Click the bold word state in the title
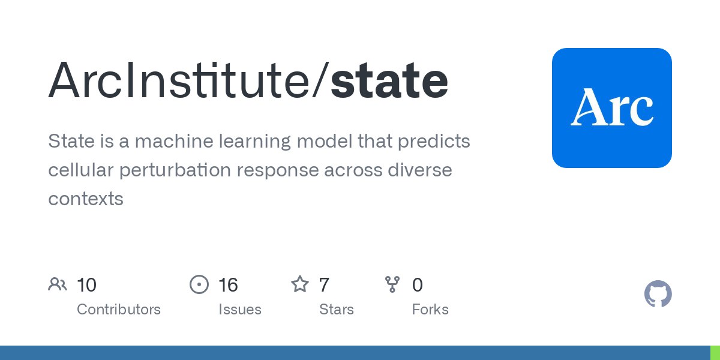(x=389, y=80)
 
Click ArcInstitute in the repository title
(x=179, y=79)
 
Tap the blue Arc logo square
(x=611, y=108)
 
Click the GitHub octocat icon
(x=658, y=294)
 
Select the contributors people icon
(x=58, y=284)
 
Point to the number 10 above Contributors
(x=86, y=285)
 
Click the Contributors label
(x=119, y=310)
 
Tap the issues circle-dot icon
(x=199, y=284)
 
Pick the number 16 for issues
(x=228, y=285)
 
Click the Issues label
(x=240, y=310)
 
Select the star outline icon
(x=300, y=284)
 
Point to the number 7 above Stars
(x=324, y=285)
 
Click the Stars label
(x=337, y=310)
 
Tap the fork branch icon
(x=392, y=284)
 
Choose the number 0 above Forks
(x=417, y=285)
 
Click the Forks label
(x=430, y=310)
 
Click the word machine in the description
(x=174, y=141)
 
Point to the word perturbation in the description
(x=175, y=170)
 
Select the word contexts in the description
(x=86, y=199)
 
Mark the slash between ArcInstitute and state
(x=320, y=80)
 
